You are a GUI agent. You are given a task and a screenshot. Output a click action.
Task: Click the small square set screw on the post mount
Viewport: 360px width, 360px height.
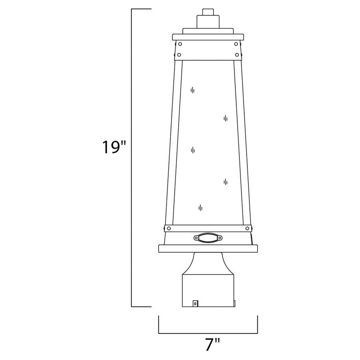[195, 304]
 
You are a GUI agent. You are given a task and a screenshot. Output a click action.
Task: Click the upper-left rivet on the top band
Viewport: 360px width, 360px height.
[180, 45]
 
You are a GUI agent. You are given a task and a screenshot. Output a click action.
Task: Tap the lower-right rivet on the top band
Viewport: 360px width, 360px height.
[236, 55]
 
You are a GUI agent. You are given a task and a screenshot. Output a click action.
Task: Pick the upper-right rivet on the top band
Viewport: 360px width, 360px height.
[236, 45]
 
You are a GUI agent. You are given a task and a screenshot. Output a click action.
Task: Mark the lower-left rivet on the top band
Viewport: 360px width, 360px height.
[180, 55]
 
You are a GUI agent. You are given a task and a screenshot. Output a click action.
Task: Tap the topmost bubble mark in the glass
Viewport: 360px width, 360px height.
[193, 90]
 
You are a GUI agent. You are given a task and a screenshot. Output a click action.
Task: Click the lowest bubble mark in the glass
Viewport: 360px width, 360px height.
[200, 207]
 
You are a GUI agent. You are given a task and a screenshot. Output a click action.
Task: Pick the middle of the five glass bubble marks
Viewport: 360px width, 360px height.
[193, 150]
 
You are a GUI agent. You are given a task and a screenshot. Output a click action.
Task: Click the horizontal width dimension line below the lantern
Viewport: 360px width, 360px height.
[207, 333]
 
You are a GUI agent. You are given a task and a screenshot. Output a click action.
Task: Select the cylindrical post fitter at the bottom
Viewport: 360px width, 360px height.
[207, 290]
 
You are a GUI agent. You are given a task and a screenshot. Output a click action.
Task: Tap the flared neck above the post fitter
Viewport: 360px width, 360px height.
[207, 263]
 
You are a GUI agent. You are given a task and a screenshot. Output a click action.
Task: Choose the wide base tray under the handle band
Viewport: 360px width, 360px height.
[207, 247]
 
